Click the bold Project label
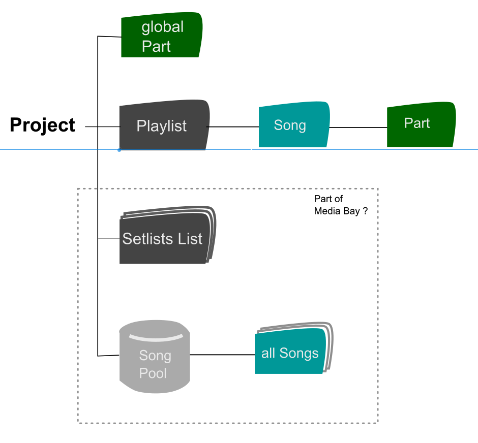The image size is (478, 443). click(x=43, y=125)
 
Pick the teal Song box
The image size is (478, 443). click(x=293, y=125)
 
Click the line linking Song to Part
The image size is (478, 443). click(x=358, y=127)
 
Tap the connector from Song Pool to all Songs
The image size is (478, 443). click(x=222, y=354)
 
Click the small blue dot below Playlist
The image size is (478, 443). click(x=119, y=150)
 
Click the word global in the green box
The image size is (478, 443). click(x=162, y=27)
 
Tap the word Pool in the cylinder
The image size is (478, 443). click(x=153, y=373)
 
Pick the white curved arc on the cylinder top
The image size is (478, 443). click(x=155, y=337)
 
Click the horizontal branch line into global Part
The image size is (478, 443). click(x=109, y=37)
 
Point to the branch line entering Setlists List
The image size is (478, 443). click(x=108, y=238)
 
